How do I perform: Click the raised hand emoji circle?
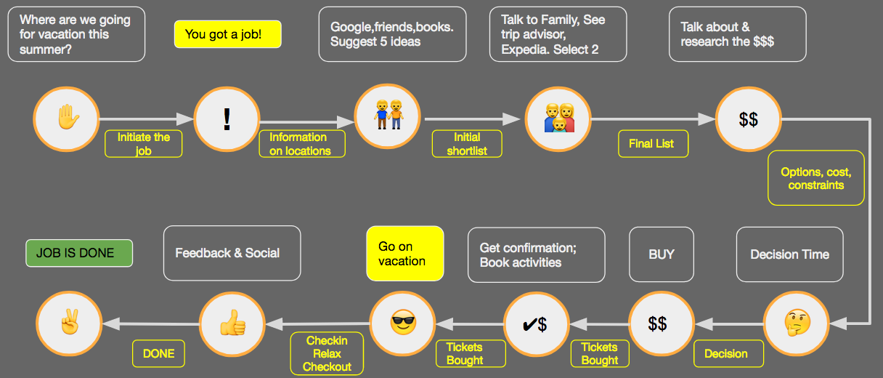click(66, 118)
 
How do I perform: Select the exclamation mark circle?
click(227, 118)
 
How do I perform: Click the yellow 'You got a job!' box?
click(227, 34)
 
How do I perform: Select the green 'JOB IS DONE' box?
click(79, 253)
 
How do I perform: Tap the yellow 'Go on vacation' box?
click(404, 253)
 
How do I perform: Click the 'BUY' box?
click(662, 254)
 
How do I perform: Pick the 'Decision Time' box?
click(789, 254)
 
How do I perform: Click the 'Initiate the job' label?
click(144, 144)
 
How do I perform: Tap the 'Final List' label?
click(651, 144)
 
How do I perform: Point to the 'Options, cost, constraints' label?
click(816, 178)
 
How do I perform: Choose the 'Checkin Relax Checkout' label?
click(327, 353)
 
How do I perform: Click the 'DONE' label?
click(158, 353)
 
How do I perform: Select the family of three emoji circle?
click(558, 118)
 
